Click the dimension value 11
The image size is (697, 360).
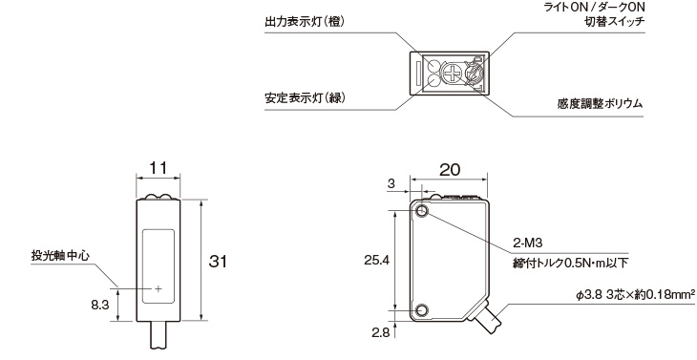[158, 168]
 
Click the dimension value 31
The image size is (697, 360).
[218, 262]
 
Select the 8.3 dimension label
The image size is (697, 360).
[100, 306]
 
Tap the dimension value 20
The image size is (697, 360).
[450, 170]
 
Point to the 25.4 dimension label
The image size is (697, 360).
[376, 261]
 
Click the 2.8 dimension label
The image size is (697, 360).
[380, 333]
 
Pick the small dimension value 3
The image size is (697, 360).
[391, 184]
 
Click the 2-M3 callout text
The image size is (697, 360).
[528, 244]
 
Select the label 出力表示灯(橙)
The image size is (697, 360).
[305, 22]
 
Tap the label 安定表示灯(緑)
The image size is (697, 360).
[305, 98]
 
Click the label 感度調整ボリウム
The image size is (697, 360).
[600, 104]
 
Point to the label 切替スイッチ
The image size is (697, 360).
[614, 21]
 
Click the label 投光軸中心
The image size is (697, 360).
[60, 256]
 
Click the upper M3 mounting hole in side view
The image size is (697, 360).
[422, 212]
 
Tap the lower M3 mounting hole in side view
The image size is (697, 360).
[422, 309]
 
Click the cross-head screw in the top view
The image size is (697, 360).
[453, 74]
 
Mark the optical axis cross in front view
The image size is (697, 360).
[158, 289]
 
